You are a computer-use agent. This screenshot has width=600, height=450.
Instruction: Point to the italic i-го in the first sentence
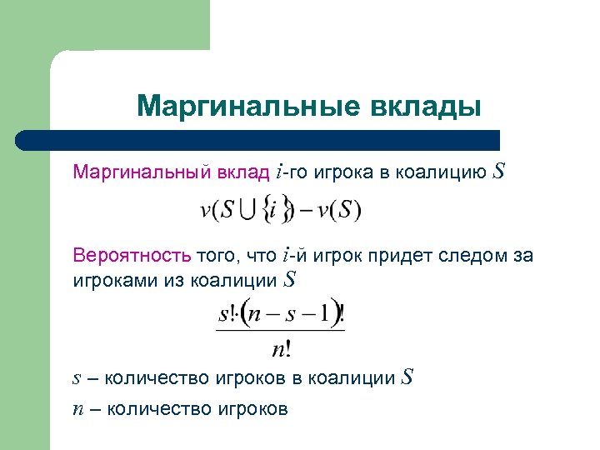click(292, 172)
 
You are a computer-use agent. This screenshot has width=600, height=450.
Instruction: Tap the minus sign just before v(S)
click(307, 210)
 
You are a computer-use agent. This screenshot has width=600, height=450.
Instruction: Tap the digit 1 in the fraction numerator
click(324, 316)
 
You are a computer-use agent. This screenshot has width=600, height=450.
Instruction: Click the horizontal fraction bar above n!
click(281, 332)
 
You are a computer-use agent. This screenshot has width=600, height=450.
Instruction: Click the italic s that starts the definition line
click(77, 378)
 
